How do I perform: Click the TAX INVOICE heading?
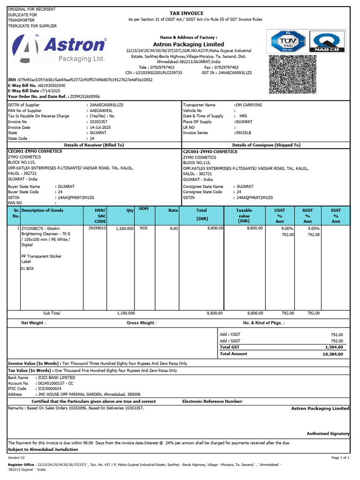[187, 13]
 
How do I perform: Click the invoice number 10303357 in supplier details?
[99, 121]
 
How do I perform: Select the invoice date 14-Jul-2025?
[101, 127]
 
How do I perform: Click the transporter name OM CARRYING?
[248, 105]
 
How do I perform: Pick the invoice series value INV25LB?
[243, 133]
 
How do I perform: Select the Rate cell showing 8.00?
[173, 228]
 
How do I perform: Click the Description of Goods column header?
[43, 210]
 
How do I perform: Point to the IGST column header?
[336, 216]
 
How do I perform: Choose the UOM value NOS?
[143, 228]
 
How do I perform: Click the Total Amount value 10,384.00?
[333, 354]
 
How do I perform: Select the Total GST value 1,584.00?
[334, 347]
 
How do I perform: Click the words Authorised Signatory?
[328, 434]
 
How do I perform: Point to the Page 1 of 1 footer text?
[340, 457]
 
